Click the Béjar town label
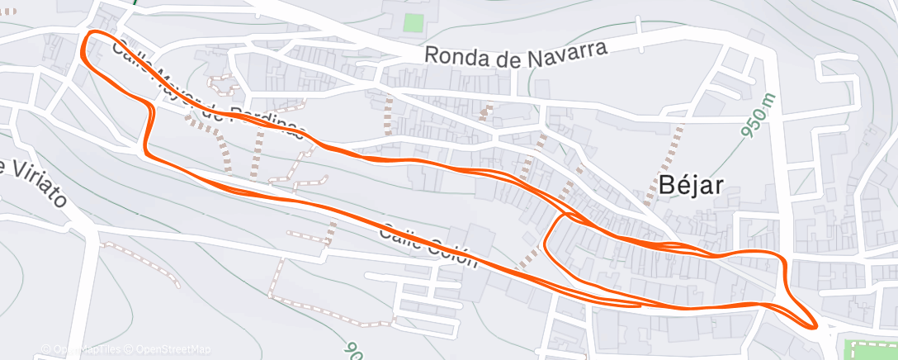pyautogui.click(x=692, y=186)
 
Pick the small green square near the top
pyautogui.click(x=414, y=23)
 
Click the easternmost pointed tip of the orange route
pyautogui.click(x=817, y=325)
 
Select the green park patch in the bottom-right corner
pyautogui.click(x=870, y=347)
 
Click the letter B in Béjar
pyautogui.click(x=666, y=186)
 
